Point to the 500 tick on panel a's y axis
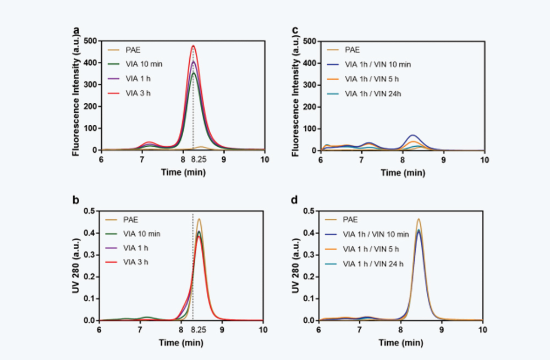[89, 41]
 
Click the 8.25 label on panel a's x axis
[198, 159]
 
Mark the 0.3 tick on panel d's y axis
[309, 255]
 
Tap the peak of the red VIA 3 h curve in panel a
[194, 46]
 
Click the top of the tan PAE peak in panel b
[199, 219]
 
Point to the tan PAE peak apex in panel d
[419, 219]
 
